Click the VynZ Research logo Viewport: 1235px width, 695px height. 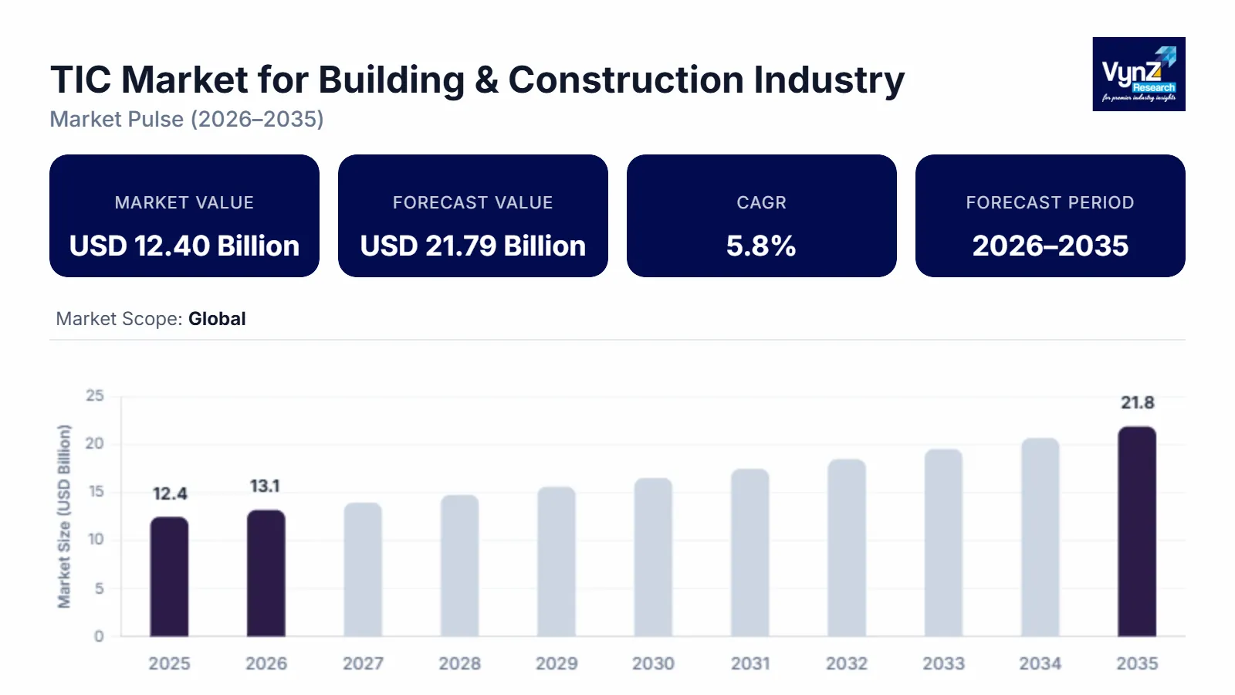click(1139, 74)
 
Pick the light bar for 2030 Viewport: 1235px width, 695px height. click(653, 558)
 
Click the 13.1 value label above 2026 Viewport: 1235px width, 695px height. click(265, 486)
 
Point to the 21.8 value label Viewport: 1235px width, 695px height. click(1137, 402)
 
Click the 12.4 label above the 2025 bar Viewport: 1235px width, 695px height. click(170, 493)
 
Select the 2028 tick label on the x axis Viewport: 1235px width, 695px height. click(459, 663)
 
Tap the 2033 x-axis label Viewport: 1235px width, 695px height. click(943, 663)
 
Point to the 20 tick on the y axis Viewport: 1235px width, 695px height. click(94, 443)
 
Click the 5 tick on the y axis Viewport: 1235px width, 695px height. click(99, 588)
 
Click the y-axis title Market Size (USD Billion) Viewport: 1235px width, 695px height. click(64, 516)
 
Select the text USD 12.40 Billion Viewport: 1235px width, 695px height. click(184, 246)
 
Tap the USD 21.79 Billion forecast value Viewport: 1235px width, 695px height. click(472, 246)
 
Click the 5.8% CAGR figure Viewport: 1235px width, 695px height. click(761, 246)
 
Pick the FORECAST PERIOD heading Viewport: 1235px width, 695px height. click(1050, 202)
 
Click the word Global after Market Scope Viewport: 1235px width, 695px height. click(217, 319)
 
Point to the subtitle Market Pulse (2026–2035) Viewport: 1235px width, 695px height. click(187, 119)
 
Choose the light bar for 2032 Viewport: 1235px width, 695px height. click(847, 548)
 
